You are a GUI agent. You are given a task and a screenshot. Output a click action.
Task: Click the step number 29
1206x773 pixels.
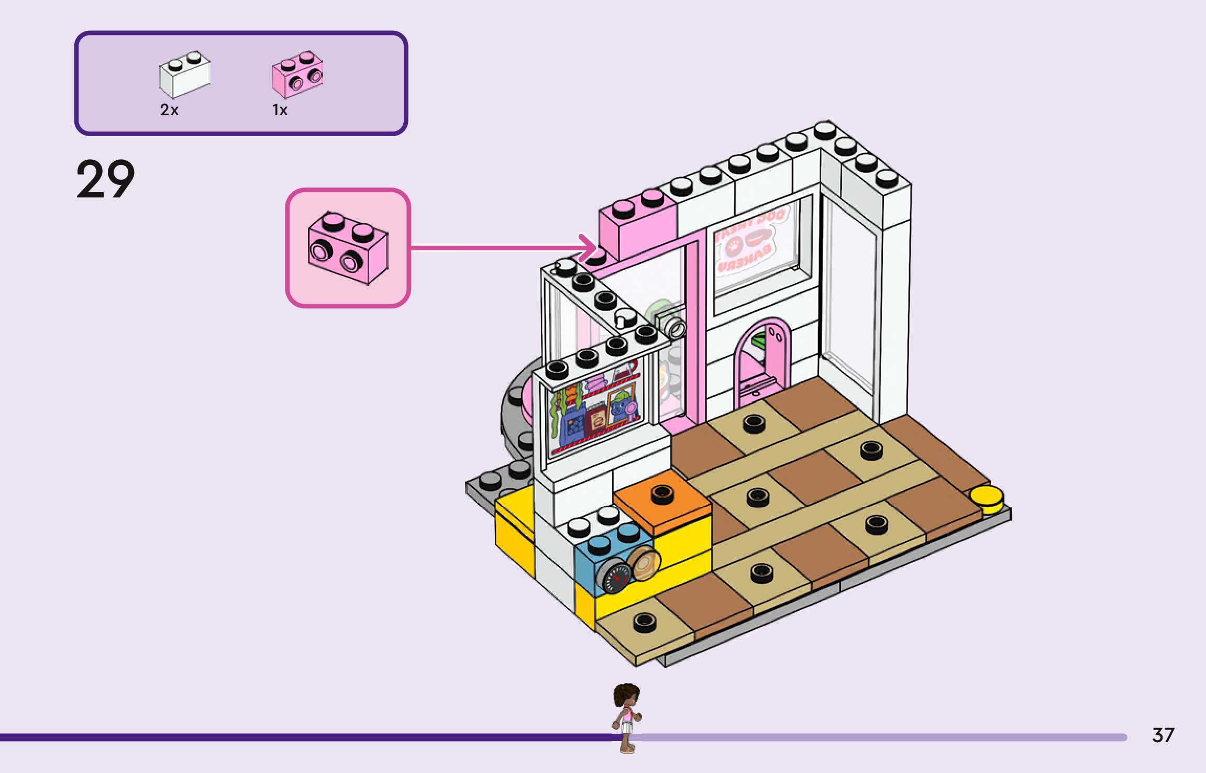(x=105, y=179)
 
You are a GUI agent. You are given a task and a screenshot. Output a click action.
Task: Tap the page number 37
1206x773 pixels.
(x=1163, y=735)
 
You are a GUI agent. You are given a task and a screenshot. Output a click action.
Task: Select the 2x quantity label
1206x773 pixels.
(x=169, y=110)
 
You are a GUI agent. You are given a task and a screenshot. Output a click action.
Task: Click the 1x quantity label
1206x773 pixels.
(x=280, y=110)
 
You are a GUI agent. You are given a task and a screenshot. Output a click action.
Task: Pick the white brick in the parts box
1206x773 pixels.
(x=184, y=75)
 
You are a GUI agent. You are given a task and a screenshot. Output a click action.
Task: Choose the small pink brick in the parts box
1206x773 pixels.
(x=297, y=75)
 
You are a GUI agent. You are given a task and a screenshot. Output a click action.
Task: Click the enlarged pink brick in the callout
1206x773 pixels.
(x=348, y=248)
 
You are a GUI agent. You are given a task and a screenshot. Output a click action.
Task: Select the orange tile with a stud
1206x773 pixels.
(x=662, y=500)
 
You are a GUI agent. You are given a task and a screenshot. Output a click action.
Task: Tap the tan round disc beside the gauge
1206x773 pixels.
(x=644, y=563)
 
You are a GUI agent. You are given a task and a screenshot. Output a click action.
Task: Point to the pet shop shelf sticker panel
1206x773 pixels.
(x=594, y=411)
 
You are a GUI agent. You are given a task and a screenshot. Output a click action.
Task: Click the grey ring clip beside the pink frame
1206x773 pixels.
(x=674, y=327)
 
